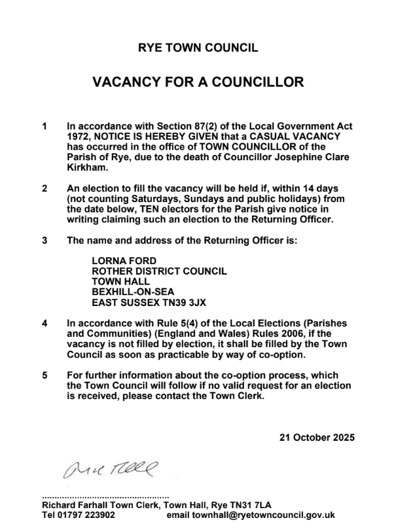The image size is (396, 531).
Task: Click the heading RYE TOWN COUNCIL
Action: (198, 48)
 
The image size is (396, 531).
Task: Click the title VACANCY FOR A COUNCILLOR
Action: (198, 82)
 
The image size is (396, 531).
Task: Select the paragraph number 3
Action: (45, 241)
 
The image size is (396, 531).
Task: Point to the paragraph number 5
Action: (45, 375)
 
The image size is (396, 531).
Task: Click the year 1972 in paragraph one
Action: (79, 136)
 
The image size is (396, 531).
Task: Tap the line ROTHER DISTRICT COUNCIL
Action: (159, 271)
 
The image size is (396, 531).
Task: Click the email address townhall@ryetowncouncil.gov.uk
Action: (270, 515)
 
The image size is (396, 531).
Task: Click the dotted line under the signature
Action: (105, 496)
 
